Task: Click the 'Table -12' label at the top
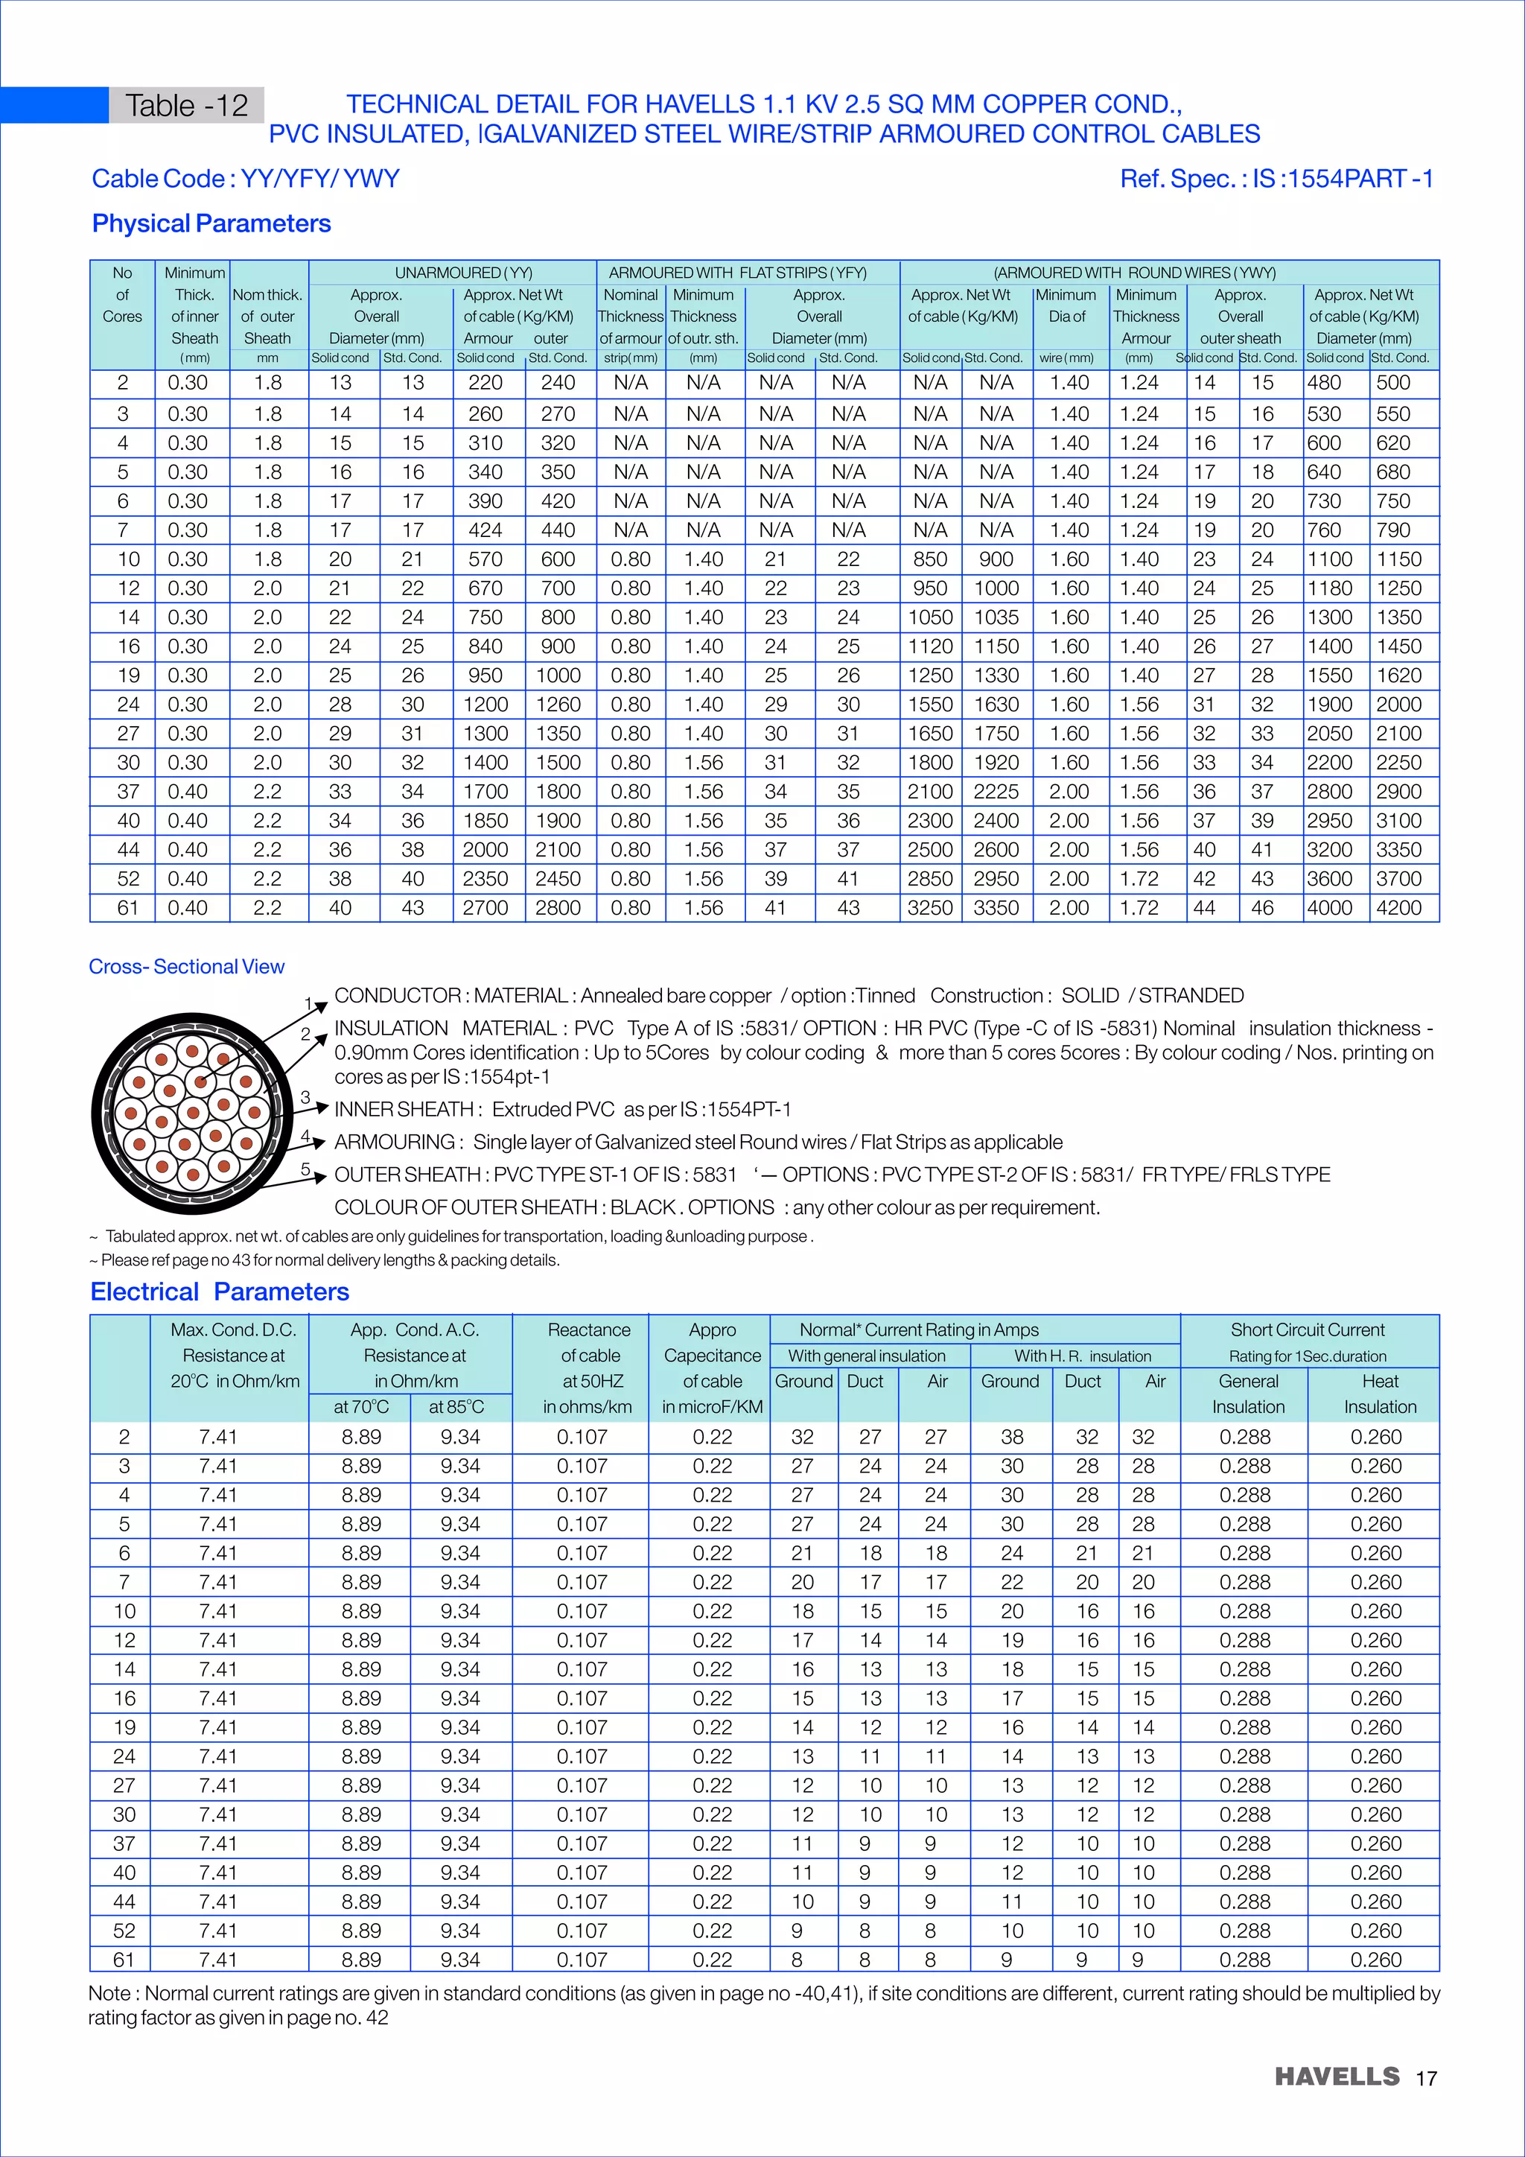tap(186, 105)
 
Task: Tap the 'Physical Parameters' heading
tap(211, 223)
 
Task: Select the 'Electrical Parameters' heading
tap(220, 1292)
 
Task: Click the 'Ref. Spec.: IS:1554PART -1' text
tap(1276, 179)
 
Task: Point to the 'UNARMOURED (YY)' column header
tap(463, 273)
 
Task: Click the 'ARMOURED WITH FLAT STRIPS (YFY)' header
tap(737, 273)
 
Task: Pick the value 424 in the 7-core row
tap(485, 530)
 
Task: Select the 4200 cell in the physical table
tap(1398, 907)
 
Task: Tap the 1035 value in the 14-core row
tap(996, 617)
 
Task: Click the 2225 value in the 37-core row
tap(996, 791)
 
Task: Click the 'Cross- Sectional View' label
tap(186, 967)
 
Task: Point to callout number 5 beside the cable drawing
tap(305, 1169)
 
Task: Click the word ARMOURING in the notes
tap(395, 1142)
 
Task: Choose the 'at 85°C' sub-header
tap(456, 1406)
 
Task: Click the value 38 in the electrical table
tap(1011, 1437)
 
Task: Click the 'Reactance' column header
tap(589, 1330)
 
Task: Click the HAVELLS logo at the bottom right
tap(1337, 2077)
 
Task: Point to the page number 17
tap(1427, 2078)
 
